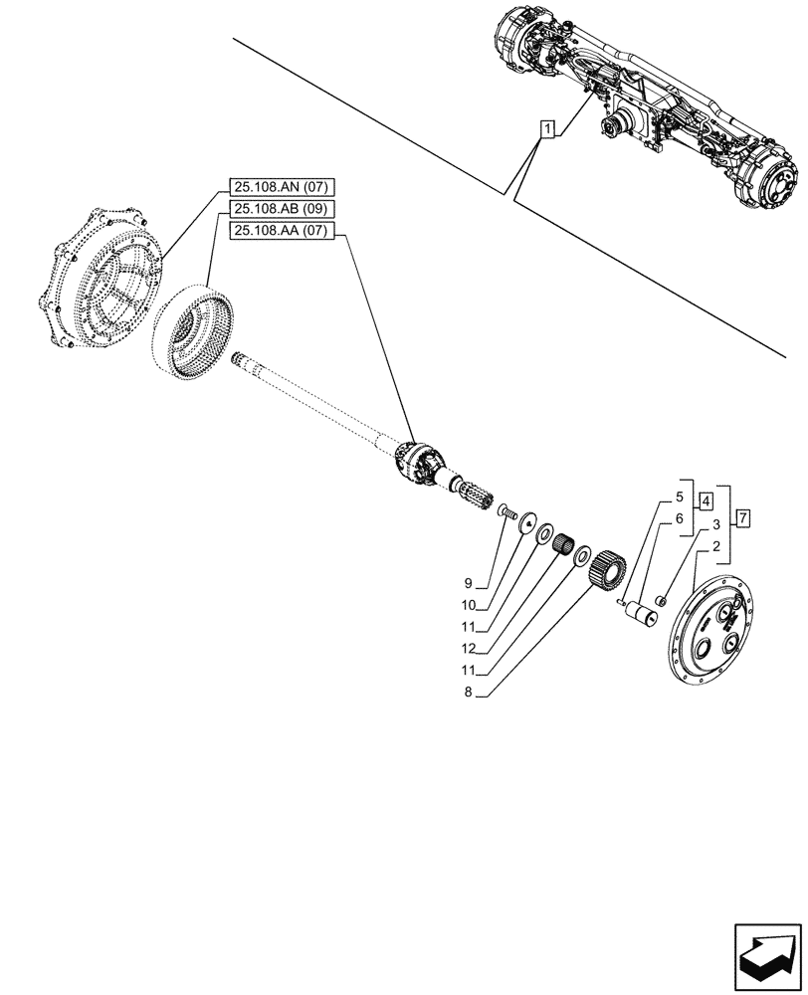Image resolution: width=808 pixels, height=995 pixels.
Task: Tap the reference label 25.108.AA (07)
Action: coord(284,231)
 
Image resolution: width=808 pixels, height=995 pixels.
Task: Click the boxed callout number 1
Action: coord(546,127)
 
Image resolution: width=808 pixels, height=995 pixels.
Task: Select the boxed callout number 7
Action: coord(743,517)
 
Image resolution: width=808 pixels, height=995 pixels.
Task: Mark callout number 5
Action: coord(680,496)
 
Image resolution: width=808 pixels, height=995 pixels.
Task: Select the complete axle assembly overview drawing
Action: coord(647,114)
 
